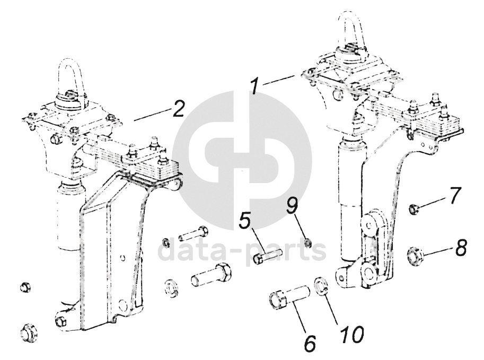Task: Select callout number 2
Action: click(179, 108)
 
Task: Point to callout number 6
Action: click(310, 342)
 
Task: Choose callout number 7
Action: click(454, 195)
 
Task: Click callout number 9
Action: click(292, 206)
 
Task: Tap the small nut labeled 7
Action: click(414, 209)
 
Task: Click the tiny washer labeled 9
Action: click(307, 243)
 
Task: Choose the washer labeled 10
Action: click(321, 286)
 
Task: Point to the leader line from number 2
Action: click(152, 114)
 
